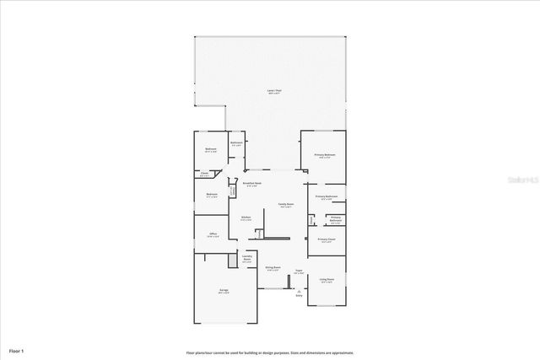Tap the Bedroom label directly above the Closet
coord(210,150)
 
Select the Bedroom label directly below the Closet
coord(211,195)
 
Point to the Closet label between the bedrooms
coord(205,174)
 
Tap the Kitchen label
coord(246,218)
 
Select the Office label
coord(213,235)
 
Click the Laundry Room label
coord(246,259)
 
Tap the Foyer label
coord(299,272)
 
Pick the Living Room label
coord(327,280)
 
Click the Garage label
coord(224,291)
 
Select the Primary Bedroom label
coord(325,155)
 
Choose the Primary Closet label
coord(327,240)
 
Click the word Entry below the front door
coord(298,296)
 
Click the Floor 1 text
coord(17,349)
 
